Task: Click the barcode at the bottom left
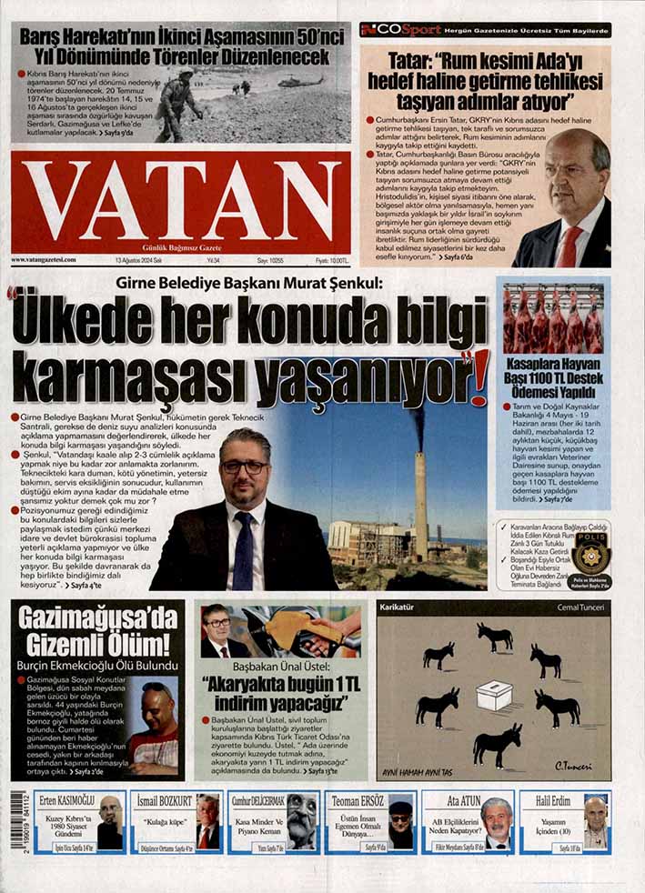pos(17,821)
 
